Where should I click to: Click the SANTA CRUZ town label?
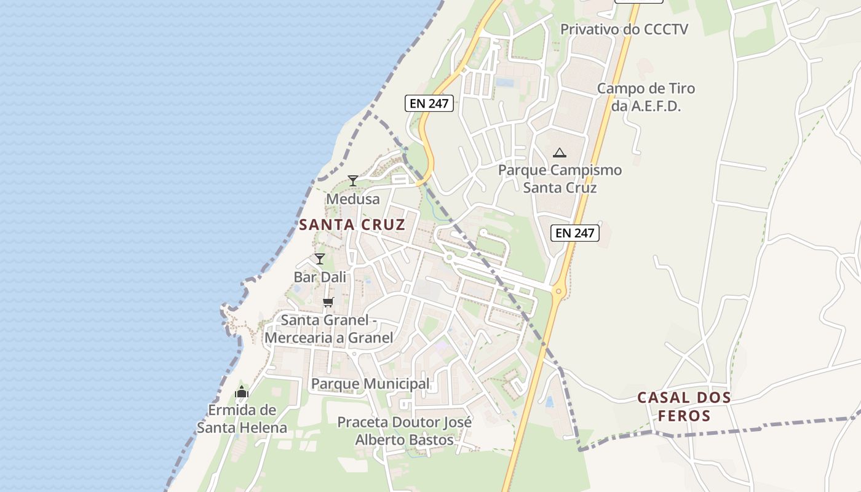click(x=352, y=224)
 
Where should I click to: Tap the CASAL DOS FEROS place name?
click(x=684, y=407)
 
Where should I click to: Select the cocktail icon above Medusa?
click(x=353, y=180)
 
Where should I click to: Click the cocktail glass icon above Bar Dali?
click(x=320, y=258)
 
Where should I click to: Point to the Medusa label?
click(x=353, y=199)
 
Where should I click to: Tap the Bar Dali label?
click(x=320, y=277)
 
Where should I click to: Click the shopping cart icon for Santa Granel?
click(x=328, y=302)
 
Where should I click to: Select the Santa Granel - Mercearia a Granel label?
click(x=329, y=329)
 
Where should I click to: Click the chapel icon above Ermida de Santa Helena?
click(x=242, y=392)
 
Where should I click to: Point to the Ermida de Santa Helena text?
click(x=242, y=419)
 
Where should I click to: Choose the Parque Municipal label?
click(x=370, y=384)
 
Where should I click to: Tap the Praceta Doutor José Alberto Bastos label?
click(x=405, y=431)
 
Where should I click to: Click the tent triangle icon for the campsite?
click(x=559, y=153)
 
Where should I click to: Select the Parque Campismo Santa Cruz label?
click(x=560, y=178)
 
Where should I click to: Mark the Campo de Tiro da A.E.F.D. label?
click(x=646, y=97)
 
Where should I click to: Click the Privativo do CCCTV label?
click(x=624, y=30)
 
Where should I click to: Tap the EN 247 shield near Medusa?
click(x=429, y=103)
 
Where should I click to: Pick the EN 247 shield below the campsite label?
click(x=575, y=232)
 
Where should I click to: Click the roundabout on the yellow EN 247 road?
click(x=558, y=291)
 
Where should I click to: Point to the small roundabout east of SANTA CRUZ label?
click(x=450, y=256)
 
